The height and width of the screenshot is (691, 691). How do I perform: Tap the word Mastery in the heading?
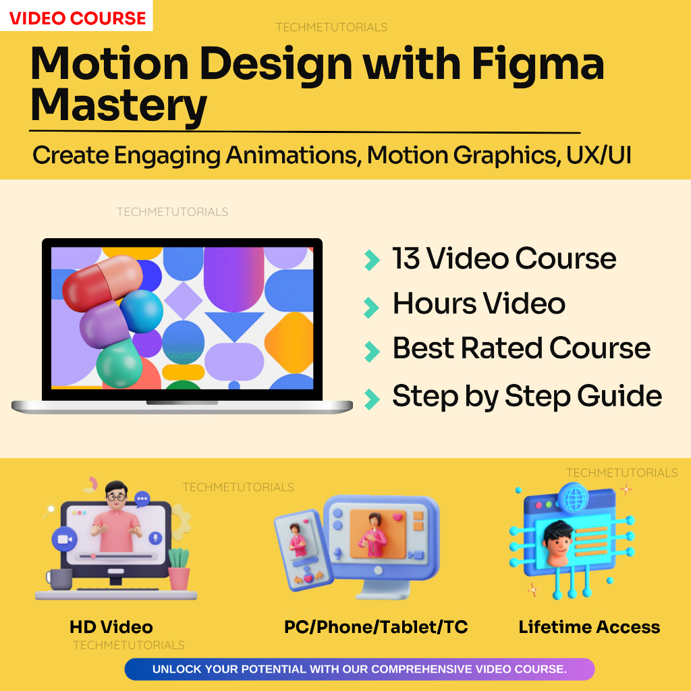tap(119, 105)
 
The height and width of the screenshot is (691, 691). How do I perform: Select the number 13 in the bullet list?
tap(406, 258)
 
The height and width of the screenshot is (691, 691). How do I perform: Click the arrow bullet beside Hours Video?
tap(371, 306)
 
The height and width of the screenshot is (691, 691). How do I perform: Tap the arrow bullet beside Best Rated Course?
tap(371, 350)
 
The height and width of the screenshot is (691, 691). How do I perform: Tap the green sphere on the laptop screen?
tap(119, 362)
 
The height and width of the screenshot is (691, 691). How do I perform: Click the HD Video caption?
tap(111, 627)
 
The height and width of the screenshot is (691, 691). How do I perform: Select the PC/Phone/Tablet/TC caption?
tap(376, 627)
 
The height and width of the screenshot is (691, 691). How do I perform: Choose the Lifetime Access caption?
tap(589, 627)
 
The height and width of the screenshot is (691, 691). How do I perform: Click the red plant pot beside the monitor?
tap(179, 576)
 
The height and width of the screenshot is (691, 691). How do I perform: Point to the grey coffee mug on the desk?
tap(59, 578)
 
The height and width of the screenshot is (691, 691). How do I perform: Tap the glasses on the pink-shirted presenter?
tap(116, 497)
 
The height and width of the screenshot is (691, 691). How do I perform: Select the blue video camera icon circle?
tap(65, 539)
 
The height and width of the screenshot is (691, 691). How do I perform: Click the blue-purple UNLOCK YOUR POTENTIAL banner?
tap(359, 669)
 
